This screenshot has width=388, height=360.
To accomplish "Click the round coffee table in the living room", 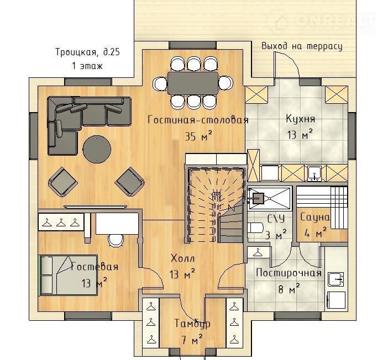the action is [97, 149].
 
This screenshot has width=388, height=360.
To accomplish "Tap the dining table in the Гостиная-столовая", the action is [193, 83].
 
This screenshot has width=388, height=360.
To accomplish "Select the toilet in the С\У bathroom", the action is [255, 227].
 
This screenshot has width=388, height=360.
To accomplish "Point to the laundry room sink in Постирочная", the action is [336, 279].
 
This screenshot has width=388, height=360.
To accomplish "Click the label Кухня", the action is [301, 119].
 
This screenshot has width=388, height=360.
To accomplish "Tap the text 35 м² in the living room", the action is [198, 136].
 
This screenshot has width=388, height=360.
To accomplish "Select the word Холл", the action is [182, 258].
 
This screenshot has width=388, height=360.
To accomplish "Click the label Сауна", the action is [315, 218].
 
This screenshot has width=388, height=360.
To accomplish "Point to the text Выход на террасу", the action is [302, 46].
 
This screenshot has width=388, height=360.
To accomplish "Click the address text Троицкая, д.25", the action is [87, 52].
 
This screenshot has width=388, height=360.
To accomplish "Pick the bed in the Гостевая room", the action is [68, 275].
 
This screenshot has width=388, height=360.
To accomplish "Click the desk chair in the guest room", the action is [116, 240].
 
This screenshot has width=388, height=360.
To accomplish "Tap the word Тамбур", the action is [192, 324].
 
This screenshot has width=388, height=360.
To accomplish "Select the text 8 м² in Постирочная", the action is [289, 289].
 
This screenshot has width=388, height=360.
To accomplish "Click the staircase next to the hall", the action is [216, 204].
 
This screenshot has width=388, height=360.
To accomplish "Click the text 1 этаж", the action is [87, 66].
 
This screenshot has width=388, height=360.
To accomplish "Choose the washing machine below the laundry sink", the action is [336, 300].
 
